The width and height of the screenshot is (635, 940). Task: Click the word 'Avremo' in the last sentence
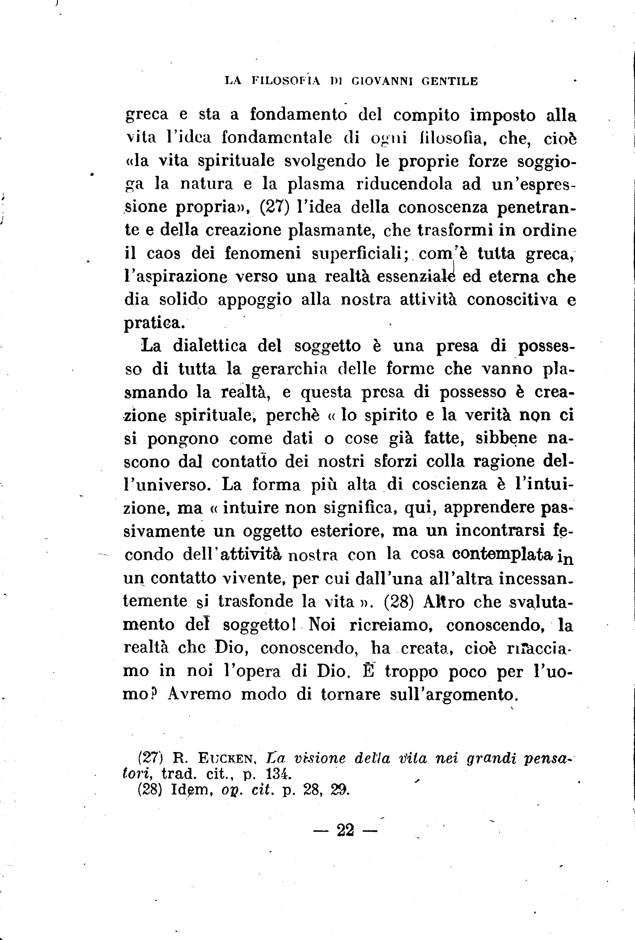200,694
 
